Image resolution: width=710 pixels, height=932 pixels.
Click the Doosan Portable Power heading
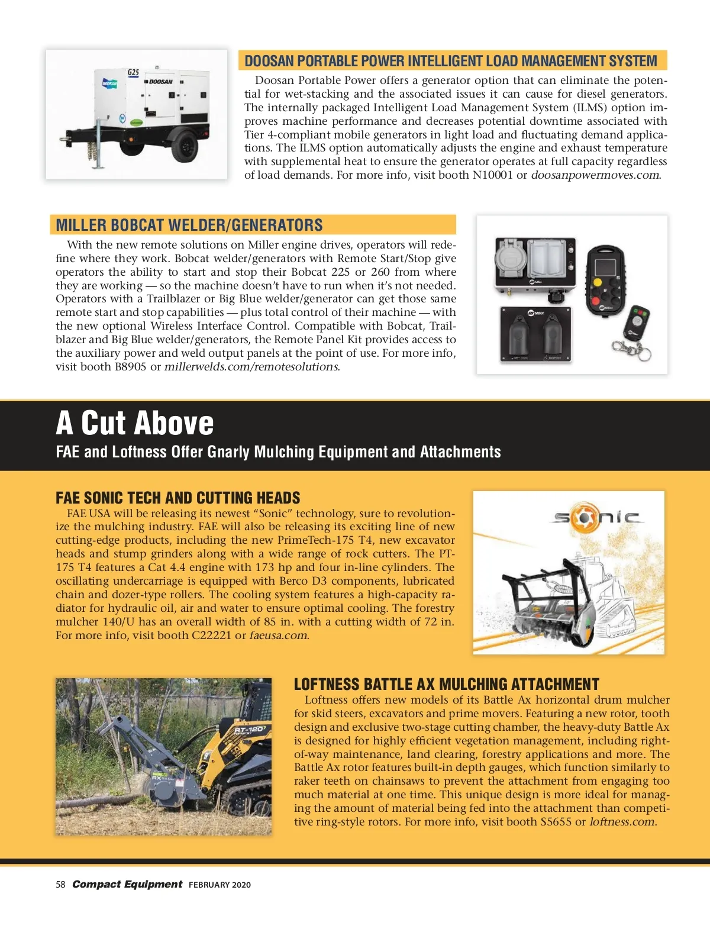451,61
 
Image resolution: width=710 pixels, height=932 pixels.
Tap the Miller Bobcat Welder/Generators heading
189,225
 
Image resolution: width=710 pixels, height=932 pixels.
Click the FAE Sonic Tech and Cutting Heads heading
178,498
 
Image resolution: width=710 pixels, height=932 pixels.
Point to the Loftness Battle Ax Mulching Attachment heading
447,685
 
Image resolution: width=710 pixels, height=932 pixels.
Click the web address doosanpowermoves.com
595,175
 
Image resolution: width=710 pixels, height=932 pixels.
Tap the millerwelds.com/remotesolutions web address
251,367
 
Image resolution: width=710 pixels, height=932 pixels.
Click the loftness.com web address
622,822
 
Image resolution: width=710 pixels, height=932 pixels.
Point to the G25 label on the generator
134,72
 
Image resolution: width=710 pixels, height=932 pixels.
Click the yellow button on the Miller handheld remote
598,283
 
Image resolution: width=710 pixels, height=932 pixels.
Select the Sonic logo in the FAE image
596,518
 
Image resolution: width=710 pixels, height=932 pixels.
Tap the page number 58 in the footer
60,885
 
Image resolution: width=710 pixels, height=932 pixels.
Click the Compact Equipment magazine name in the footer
127,884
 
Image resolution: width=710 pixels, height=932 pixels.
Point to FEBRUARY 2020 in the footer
220,885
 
